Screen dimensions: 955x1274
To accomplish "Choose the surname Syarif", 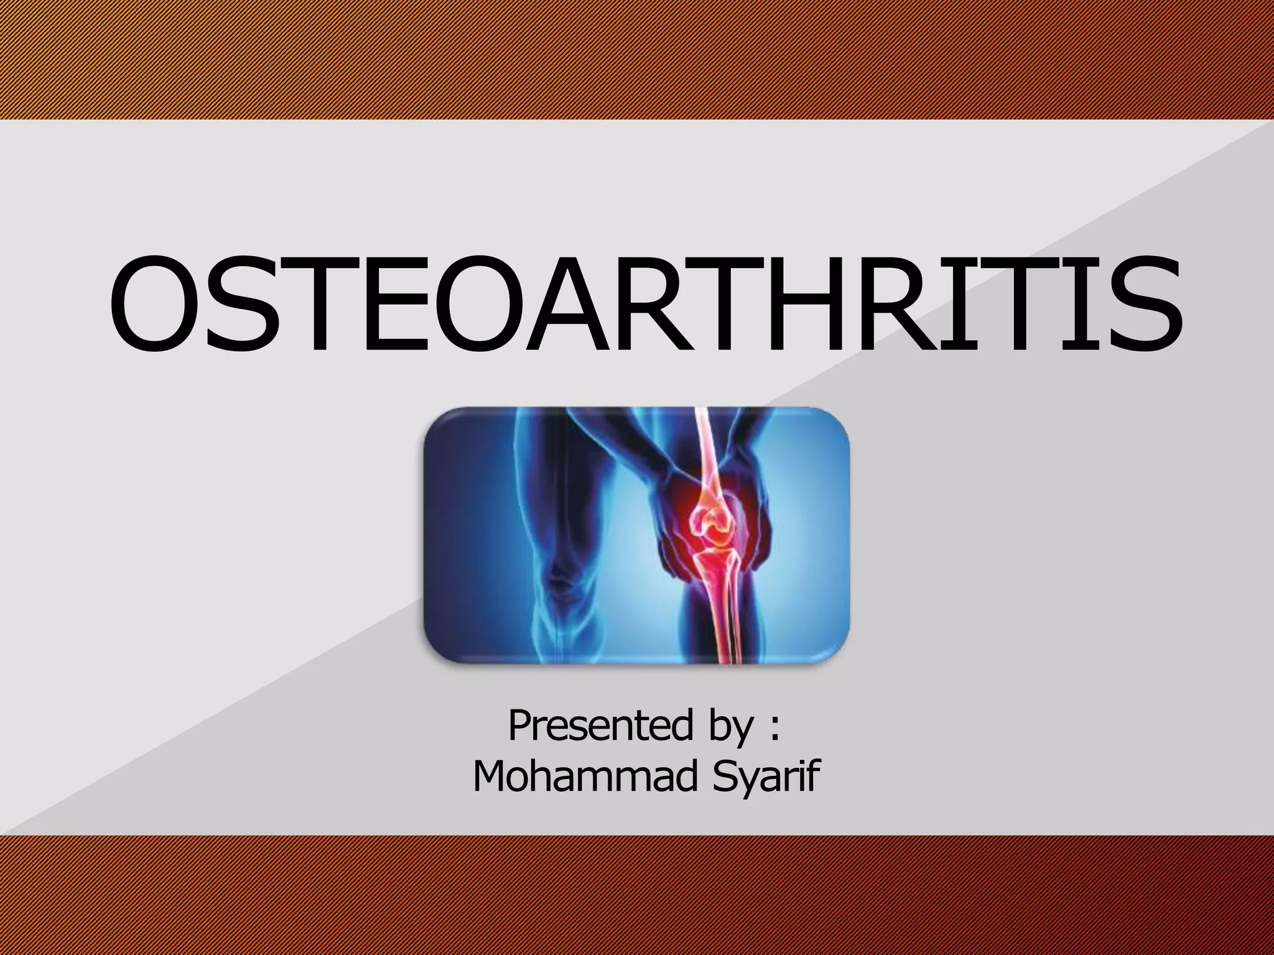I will tap(766, 778).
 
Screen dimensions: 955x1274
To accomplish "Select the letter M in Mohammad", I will tap(491, 777).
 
